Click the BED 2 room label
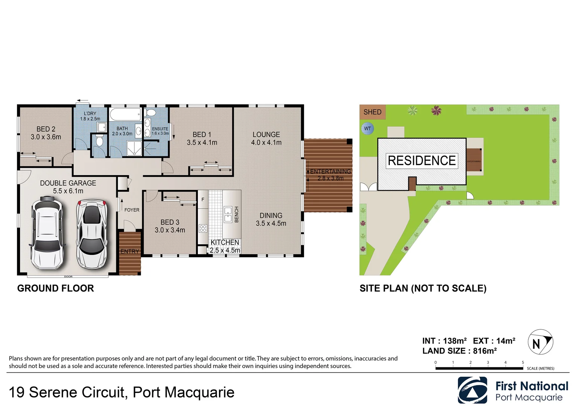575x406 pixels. (46, 129)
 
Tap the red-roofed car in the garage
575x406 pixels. (92, 234)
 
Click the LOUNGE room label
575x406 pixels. (266, 135)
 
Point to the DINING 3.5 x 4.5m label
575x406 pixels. (271, 220)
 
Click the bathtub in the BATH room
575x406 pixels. (125, 114)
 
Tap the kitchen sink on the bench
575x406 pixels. (228, 214)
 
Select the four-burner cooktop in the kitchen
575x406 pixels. (203, 228)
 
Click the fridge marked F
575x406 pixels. (203, 200)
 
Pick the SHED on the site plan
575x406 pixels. (372, 112)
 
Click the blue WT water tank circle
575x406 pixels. (367, 129)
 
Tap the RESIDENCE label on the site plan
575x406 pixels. (421, 161)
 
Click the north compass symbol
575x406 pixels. (540, 342)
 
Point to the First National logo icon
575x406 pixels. (472, 390)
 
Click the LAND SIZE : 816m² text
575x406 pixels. (459, 351)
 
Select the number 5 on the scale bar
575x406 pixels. (523, 362)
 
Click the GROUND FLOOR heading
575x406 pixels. (55, 288)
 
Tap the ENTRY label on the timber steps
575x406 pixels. (129, 251)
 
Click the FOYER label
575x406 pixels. (132, 210)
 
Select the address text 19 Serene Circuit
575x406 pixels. (66, 392)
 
